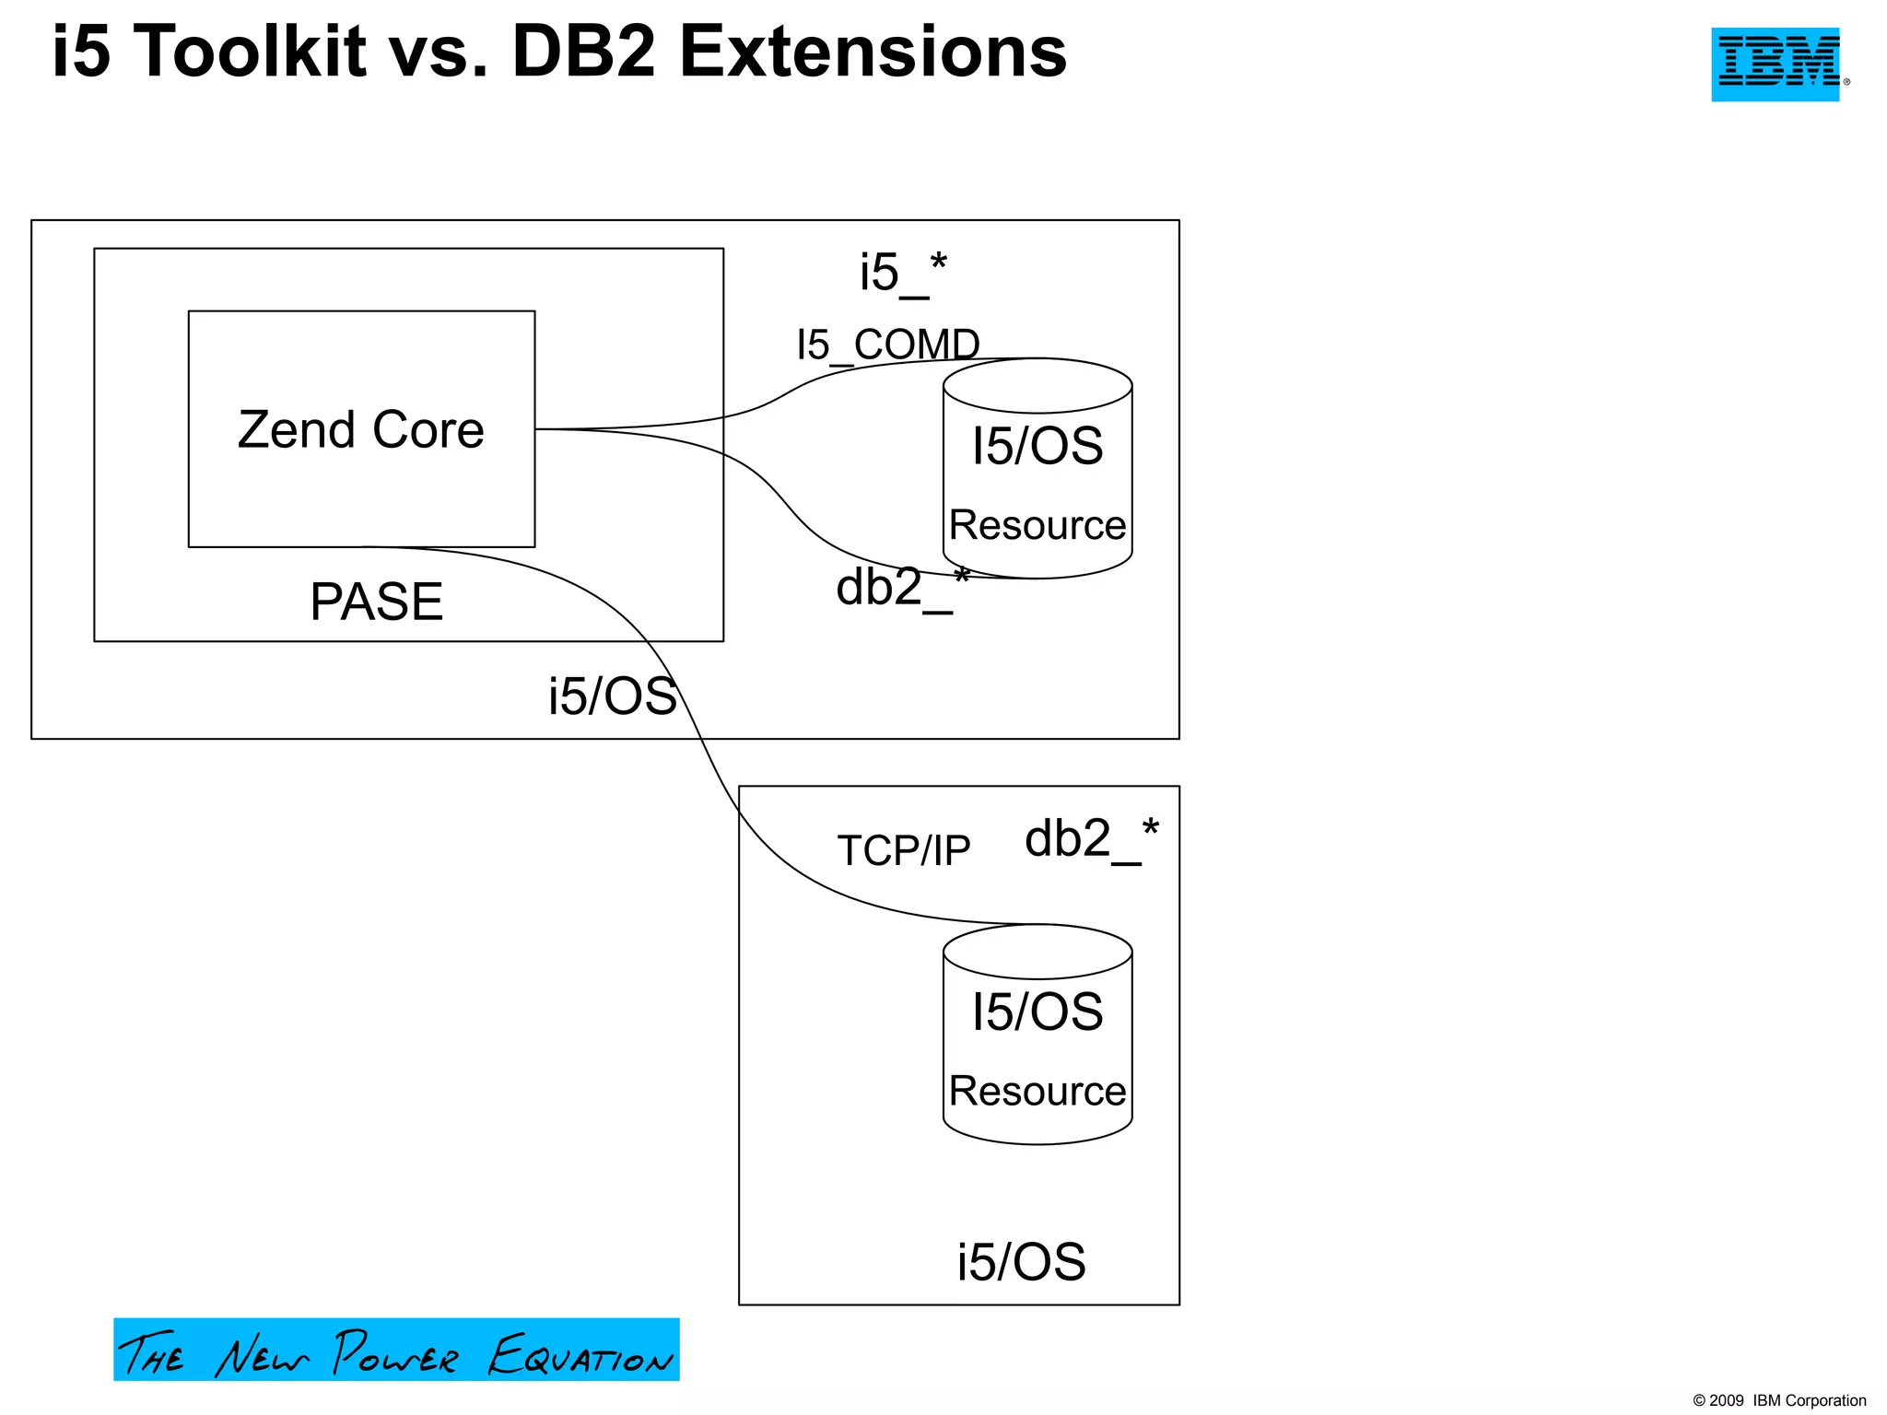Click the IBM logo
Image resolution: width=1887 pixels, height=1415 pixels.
[x=1776, y=64]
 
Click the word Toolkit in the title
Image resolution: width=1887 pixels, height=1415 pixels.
[x=251, y=53]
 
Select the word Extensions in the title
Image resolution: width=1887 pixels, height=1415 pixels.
[x=873, y=53]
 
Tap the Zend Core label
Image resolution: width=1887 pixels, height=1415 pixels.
[x=360, y=430]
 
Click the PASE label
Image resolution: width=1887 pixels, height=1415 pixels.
[x=376, y=602]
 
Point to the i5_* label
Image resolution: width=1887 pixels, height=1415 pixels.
[x=902, y=274]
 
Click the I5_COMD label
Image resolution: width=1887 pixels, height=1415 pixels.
[x=887, y=345]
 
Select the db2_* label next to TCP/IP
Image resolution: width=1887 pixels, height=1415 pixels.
[x=1091, y=839]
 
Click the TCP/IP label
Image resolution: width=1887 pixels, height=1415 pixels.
[x=903, y=850]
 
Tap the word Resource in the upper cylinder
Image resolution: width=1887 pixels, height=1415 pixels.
[x=1037, y=525]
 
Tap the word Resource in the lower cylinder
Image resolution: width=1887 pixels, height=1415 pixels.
[x=1037, y=1091]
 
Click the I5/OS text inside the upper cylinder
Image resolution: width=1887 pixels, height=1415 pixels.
[x=1037, y=446]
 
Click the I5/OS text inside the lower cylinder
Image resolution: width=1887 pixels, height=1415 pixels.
[x=1037, y=1012]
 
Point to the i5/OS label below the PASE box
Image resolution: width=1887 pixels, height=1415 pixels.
[x=612, y=696]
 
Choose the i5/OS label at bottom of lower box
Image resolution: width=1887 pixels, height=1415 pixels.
[x=1021, y=1262]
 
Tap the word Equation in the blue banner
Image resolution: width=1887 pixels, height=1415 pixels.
[x=580, y=1355]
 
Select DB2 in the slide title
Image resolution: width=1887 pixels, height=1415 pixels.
[x=582, y=53]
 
